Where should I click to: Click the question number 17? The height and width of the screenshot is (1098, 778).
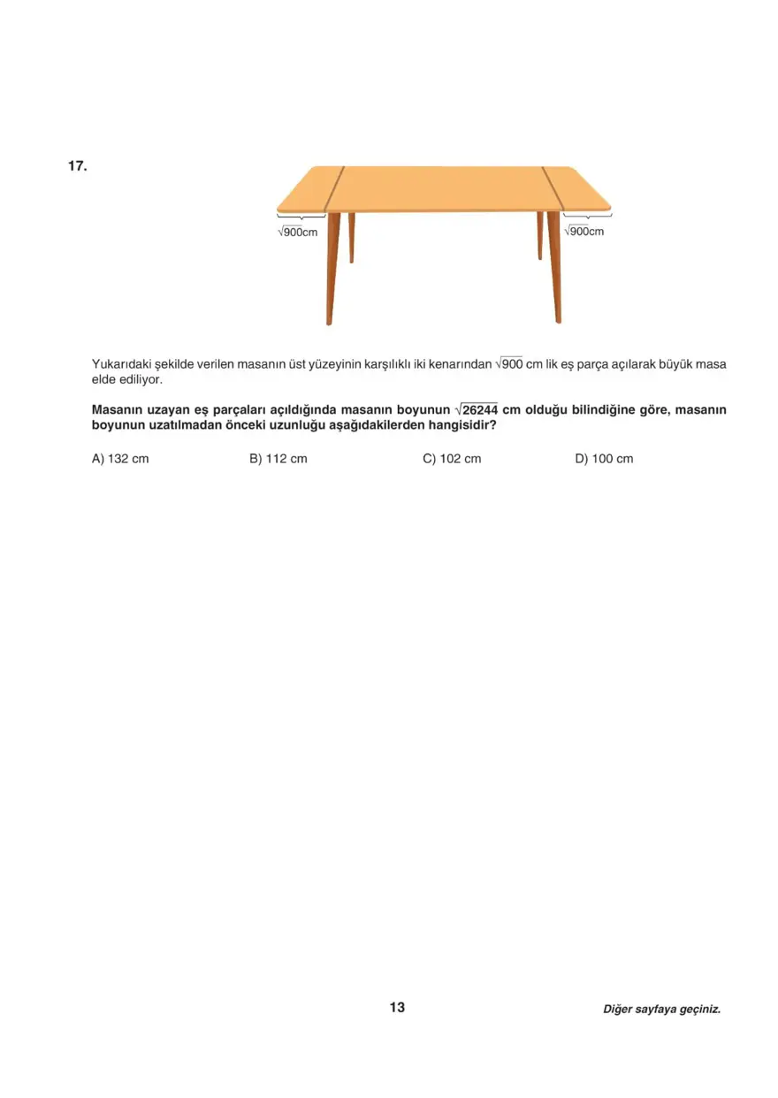pyautogui.click(x=77, y=165)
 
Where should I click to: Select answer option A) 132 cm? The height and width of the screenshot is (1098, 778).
pyautogui.click(x=120, y=459)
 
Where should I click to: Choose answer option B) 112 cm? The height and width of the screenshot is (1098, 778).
pyautogui.click(x=278, y=459)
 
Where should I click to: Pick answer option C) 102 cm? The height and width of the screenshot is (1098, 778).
pyautogui.click(x=452, y=459)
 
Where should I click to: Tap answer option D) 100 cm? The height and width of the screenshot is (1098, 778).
pyautogui.click(x=604, y=459)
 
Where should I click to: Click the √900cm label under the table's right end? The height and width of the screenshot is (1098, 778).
pyautogui.click(x=583, y=232)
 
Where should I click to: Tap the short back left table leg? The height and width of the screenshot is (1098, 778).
pyautogui.click(x=351, y=237)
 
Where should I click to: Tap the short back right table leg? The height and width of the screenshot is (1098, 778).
pyautogui.click(x=539, y=235)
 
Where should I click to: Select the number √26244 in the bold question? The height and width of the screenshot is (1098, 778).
pyautogui.click(x=476, y=410)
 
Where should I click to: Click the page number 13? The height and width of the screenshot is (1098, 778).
pyautogui.click(x=397, y=1007)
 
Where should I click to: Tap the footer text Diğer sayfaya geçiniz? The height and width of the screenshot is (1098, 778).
pyautogui.click(x=661, y=1009)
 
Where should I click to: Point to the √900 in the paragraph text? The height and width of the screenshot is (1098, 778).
pyautogui.click(x=509, y=363)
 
